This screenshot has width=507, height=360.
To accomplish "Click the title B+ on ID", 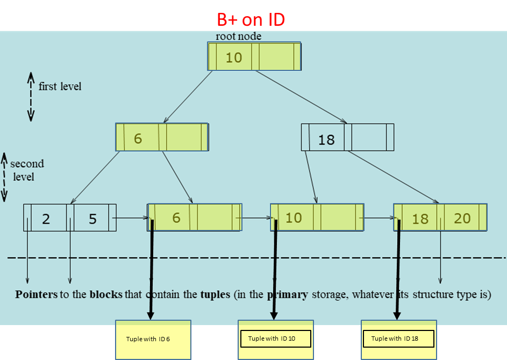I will point(251,20).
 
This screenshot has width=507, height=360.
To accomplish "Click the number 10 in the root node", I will point(234,57).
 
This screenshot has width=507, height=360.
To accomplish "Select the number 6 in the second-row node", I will point(138,139).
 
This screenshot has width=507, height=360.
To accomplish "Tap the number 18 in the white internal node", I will point(326,140).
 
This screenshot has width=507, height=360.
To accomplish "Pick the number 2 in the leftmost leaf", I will point(46,219).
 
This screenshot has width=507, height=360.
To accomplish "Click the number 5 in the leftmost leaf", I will point(93,219).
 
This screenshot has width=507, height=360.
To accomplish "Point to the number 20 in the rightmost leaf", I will point(462,218).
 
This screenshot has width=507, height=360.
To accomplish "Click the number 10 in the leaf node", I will point(294,218).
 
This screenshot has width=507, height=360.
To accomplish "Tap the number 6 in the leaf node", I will point(176,218).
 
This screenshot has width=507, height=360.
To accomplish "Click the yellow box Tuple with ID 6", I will point(153,339).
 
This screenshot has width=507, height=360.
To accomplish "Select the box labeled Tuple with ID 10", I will point(276,339).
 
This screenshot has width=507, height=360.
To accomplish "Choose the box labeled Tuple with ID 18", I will point(398,339).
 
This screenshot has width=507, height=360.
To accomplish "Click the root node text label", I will point(239,37).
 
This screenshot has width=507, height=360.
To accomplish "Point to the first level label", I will point(60,86).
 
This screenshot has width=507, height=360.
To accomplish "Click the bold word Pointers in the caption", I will point(37,295).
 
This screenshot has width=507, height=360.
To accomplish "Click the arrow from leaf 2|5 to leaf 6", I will point(132,218).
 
